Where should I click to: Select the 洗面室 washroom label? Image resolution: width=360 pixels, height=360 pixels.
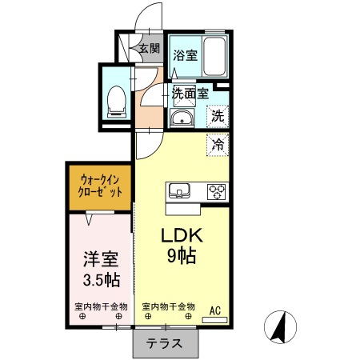tap(190, 93)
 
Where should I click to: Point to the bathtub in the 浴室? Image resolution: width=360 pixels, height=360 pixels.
tap(214, 57)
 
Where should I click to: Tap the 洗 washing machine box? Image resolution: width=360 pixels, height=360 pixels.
tap(218, 116)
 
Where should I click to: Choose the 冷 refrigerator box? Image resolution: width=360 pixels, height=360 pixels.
tap(218, 145)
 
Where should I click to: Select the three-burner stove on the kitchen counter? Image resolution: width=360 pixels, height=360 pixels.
tap(216, 192)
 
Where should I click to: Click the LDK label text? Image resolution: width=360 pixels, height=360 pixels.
tap(184, 237)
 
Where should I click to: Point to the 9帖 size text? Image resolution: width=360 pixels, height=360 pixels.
tap(183, 257)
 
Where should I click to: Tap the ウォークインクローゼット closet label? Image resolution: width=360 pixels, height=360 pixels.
tap(101, 187)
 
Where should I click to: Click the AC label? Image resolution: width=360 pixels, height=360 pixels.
tap(216, 310)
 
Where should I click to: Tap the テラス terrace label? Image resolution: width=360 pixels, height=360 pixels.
tap(164, 344)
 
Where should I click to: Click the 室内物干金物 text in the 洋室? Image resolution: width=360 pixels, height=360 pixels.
tap(101, 307)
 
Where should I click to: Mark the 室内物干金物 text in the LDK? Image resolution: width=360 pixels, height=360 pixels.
tap(169, 307)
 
